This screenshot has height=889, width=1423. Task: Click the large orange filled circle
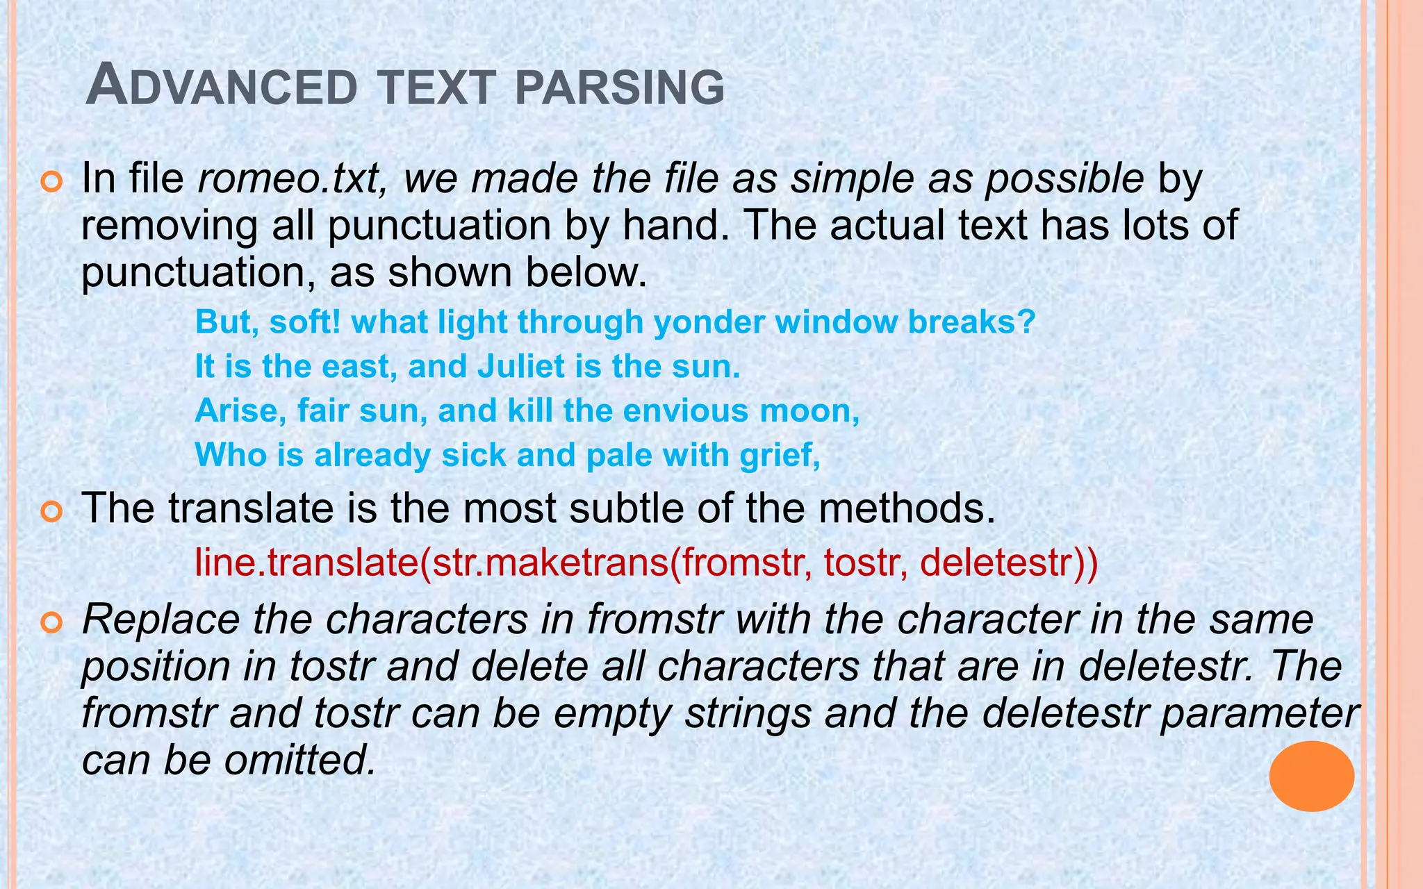pos(1311,776)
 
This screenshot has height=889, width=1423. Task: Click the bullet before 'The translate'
pos(52,513)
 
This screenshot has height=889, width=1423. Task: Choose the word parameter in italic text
pos(1259,715)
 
